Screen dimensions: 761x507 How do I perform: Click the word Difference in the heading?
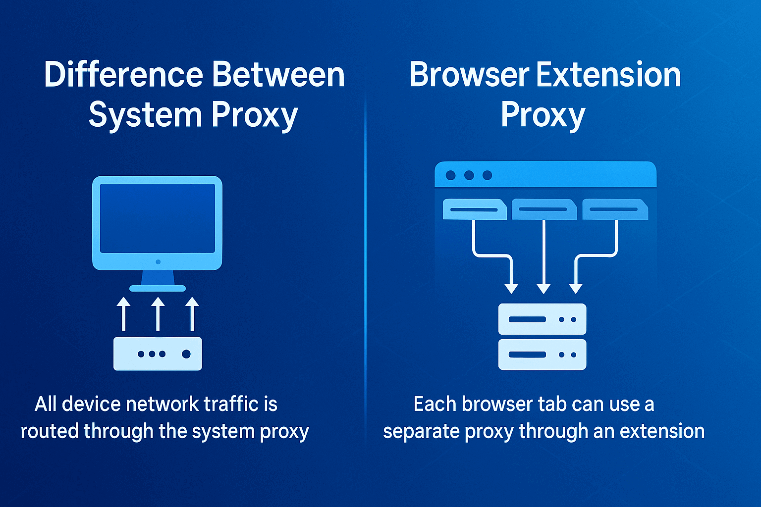tap(124, 74)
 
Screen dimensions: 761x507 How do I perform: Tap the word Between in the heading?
tap(278, 74)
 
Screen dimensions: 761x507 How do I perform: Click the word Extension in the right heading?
tap(608, 74)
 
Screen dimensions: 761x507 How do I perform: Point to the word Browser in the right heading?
tap(469, 74)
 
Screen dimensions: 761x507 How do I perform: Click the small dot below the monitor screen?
tap(158, 262)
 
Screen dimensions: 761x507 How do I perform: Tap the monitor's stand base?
tap(158, 288)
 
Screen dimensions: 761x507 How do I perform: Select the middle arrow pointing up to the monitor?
tap(158, 314)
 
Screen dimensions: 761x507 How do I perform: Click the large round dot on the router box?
tap(186, 354)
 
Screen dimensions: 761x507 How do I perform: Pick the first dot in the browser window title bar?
tap(450, 175)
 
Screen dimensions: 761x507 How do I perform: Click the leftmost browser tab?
tap(475, 209)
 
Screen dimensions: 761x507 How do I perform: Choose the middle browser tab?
tap(544, 209)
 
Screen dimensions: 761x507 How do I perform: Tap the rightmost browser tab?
tap(615, 209)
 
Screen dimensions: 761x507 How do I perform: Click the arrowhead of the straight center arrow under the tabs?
tap(544, 289)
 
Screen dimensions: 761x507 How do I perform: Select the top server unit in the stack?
tap(542, 319)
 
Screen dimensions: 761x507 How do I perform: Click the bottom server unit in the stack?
tap(542, 355)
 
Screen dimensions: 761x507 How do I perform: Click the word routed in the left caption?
tap(50, 431)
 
